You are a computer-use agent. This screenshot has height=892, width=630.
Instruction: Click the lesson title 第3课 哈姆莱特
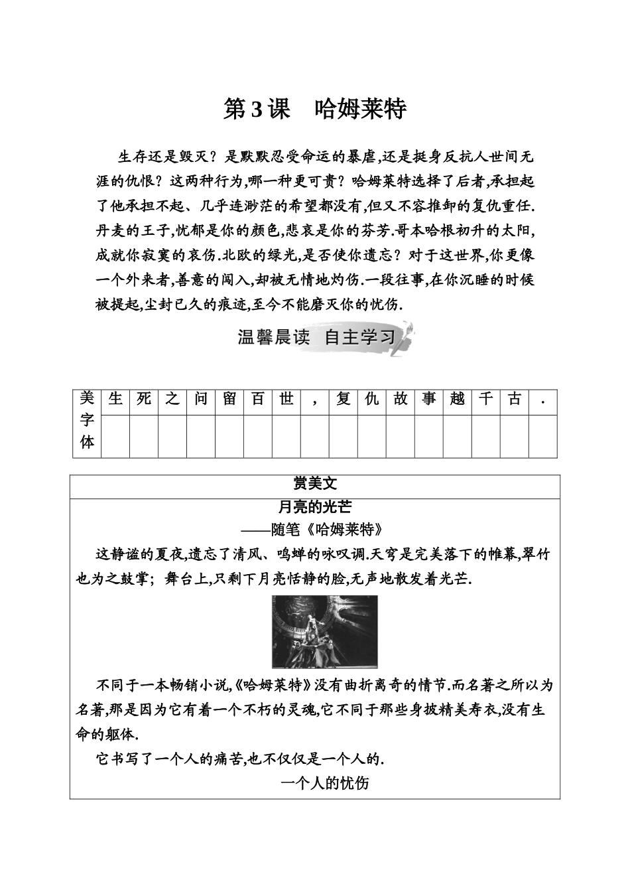[314, 110]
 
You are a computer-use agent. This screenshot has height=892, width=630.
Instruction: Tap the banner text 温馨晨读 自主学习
[316, 338]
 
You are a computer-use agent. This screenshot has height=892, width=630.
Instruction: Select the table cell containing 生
[115, 400]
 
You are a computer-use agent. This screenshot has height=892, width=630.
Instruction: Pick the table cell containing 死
[144, 400]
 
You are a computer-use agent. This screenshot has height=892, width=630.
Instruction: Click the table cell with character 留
[229, 400]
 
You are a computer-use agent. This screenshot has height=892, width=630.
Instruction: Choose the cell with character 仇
[372, 400]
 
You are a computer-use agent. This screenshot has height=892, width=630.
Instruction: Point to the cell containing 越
[458, 400]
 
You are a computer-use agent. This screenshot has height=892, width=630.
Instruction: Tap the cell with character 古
[514, 400]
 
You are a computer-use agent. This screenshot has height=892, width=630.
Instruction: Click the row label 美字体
[87, 422]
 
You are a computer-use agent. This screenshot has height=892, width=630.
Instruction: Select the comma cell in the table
[315, 401]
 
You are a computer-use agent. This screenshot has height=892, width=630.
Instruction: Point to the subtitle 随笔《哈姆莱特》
[315, 530]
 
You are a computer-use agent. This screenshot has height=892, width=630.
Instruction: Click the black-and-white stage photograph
[325, 631]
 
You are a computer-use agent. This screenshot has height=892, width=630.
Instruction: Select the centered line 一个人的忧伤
[325, 784]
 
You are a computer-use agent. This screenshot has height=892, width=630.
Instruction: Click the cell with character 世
[286, 400]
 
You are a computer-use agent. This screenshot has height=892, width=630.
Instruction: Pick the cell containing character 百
[258, 400]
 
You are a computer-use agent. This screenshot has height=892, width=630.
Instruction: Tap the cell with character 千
[486, 400]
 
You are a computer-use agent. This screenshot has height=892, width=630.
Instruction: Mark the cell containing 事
[429, 400]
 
